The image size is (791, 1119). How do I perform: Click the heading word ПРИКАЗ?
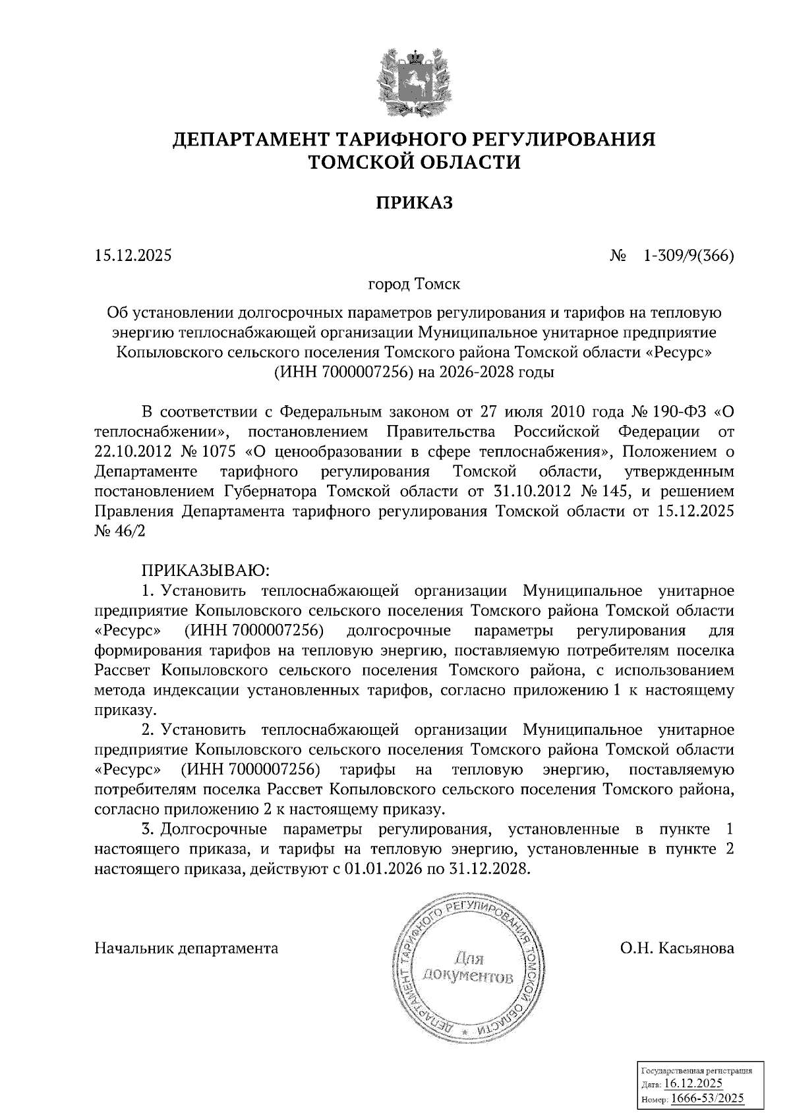415,203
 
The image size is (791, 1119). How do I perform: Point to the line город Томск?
414,285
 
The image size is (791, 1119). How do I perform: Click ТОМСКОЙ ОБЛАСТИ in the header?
415,161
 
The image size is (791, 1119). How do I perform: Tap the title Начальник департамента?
187,948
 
